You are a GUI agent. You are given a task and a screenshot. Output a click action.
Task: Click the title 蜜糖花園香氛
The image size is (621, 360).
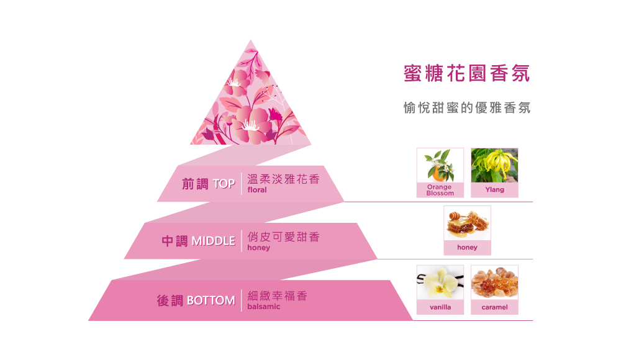point(466,73)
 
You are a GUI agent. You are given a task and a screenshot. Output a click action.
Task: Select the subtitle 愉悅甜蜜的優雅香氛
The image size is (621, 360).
point(466,107)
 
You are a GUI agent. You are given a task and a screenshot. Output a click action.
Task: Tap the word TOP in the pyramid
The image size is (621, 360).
point(224,184)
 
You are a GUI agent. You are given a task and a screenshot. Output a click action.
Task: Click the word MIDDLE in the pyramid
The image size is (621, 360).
point(213,241)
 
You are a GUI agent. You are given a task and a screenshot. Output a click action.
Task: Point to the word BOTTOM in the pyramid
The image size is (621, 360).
point(211,301)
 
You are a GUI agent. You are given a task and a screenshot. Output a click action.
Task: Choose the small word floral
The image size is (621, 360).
point(256,190)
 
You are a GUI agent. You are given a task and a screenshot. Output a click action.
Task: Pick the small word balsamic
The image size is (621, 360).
point(263,307)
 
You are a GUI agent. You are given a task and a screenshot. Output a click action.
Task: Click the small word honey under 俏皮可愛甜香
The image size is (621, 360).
point(258,248)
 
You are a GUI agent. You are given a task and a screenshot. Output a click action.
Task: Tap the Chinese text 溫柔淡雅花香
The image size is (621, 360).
point(283,179)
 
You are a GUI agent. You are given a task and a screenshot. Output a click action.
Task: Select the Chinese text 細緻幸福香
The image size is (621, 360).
point(277,295)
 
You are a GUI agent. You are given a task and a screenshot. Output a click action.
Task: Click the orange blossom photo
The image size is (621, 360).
point(440,165)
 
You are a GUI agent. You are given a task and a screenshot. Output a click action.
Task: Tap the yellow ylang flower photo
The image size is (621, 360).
point(494,165)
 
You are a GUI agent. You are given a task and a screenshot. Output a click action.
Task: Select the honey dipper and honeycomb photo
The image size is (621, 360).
point(467,223)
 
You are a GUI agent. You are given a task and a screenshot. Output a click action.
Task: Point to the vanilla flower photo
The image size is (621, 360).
point(440,282)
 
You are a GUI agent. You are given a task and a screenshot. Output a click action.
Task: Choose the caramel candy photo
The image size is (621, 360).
point(494,282)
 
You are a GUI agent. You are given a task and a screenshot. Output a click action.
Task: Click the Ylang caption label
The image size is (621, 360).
point(494,189)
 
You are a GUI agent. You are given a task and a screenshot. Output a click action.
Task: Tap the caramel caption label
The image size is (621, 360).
point(494,307)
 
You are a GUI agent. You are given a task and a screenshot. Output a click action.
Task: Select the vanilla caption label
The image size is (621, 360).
point(440,307)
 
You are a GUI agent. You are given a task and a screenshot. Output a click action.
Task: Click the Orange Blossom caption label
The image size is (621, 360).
point(440,190)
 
